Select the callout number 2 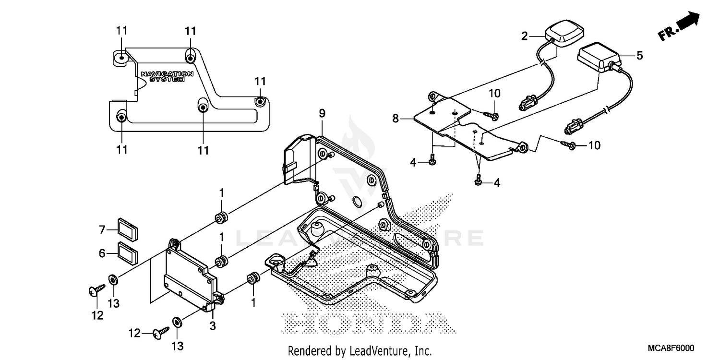pyautogui.click(x=525, y=36)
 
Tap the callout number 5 pyautogui.click(x=639, y=55)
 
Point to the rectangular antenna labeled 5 pyautogui.click(x=599, y=57)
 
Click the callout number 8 pyautogui.click(x=396, y=118)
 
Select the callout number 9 pyautogui.click(x=322, y=113)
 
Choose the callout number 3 pyautogui.click(x=213, y=326)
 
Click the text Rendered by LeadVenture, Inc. pyautogui.click(x=360, y=351)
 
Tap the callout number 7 pyautogui.click(x=102, y=230)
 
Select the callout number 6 pyautogui.click(x=102, y=253)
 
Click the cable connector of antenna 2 pyautogui.click(x=528, y=103)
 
